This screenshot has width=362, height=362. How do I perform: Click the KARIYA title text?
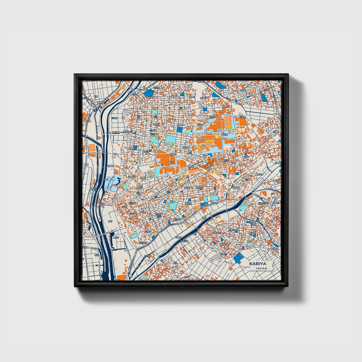[x=258, y=264]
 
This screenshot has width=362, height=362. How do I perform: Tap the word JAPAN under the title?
[x=261, y=268]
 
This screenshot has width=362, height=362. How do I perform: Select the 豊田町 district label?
[x=172, y=162]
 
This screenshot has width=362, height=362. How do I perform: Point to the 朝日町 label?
[x=212, y=117]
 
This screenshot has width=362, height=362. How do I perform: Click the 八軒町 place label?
[x=242, y=117]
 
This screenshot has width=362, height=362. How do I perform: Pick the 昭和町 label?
[x=225, y=135]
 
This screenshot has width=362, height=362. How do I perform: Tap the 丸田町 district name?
[x=199, y=125]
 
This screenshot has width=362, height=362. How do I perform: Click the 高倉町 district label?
[x=156, y=124]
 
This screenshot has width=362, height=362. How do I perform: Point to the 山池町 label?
[x=152, y=131]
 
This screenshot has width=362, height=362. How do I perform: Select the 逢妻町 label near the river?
[x=110, y=166]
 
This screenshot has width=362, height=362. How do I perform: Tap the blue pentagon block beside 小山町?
[x=149, y=93]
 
